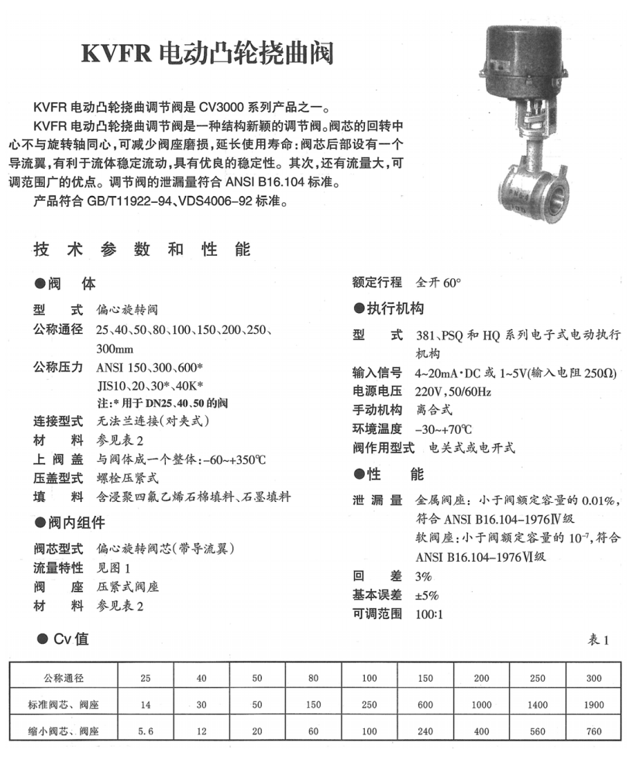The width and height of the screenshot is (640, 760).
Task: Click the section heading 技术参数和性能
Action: (143, 249)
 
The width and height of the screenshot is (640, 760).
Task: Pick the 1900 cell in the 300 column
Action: (594, 705)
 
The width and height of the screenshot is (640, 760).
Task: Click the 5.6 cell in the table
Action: (145, 731)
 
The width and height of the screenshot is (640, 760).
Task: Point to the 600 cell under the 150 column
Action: (425, 705)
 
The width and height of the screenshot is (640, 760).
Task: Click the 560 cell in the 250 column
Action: (538, 731)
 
